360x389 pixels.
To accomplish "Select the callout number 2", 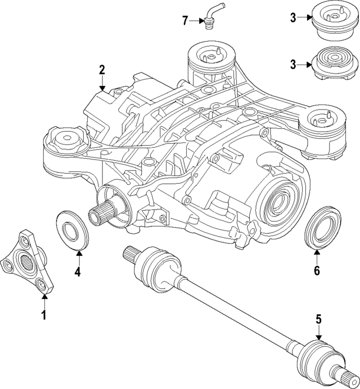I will pos(102,70).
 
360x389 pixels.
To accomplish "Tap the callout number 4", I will pos(78,273).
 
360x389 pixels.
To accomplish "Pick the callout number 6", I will pos(317,271).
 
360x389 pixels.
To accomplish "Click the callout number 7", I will pos(185,21).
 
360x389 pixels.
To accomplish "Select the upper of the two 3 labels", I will pos(293,17).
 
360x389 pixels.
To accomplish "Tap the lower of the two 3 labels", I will pos(293,64).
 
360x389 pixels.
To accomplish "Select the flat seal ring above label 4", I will pos(73,229).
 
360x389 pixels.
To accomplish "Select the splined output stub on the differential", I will pos(101,214).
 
